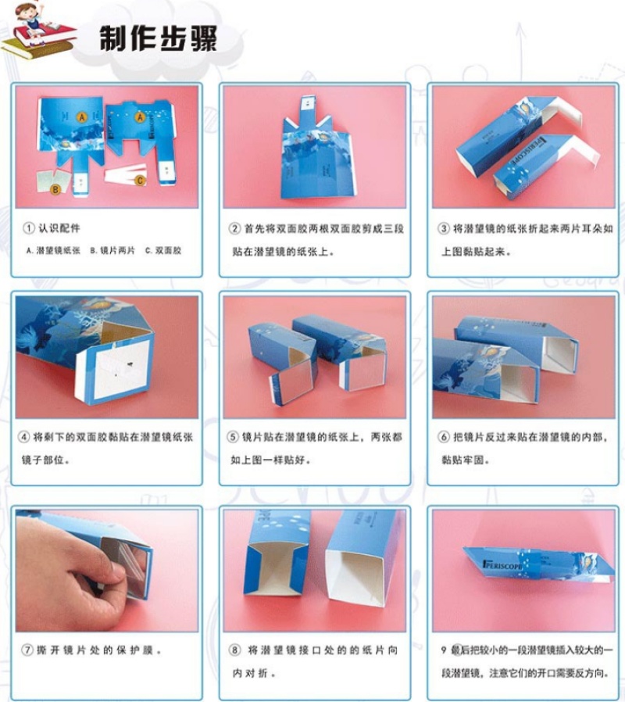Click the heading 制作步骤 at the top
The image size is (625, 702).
(x=158, y=38)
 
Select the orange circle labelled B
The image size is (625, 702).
(x=55, y=189)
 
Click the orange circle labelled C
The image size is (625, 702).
(x=140, y=180)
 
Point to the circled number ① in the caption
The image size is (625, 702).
(x=29, y=228)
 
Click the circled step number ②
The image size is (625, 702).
(x=235, y=228)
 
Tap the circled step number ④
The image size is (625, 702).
(x=23, y=437)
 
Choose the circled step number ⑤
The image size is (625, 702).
(x=233, y=437)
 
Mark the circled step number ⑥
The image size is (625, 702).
(x=444, y=437)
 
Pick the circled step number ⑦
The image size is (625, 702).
(x=28, y=650)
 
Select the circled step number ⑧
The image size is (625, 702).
(x=235, y=650)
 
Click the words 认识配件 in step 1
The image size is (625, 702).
(x=59, y=228)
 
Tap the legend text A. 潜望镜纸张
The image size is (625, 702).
(x=53, y=251)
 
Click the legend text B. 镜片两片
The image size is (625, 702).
(x=112, y=251)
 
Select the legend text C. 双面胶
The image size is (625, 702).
(x=163, y=251)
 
